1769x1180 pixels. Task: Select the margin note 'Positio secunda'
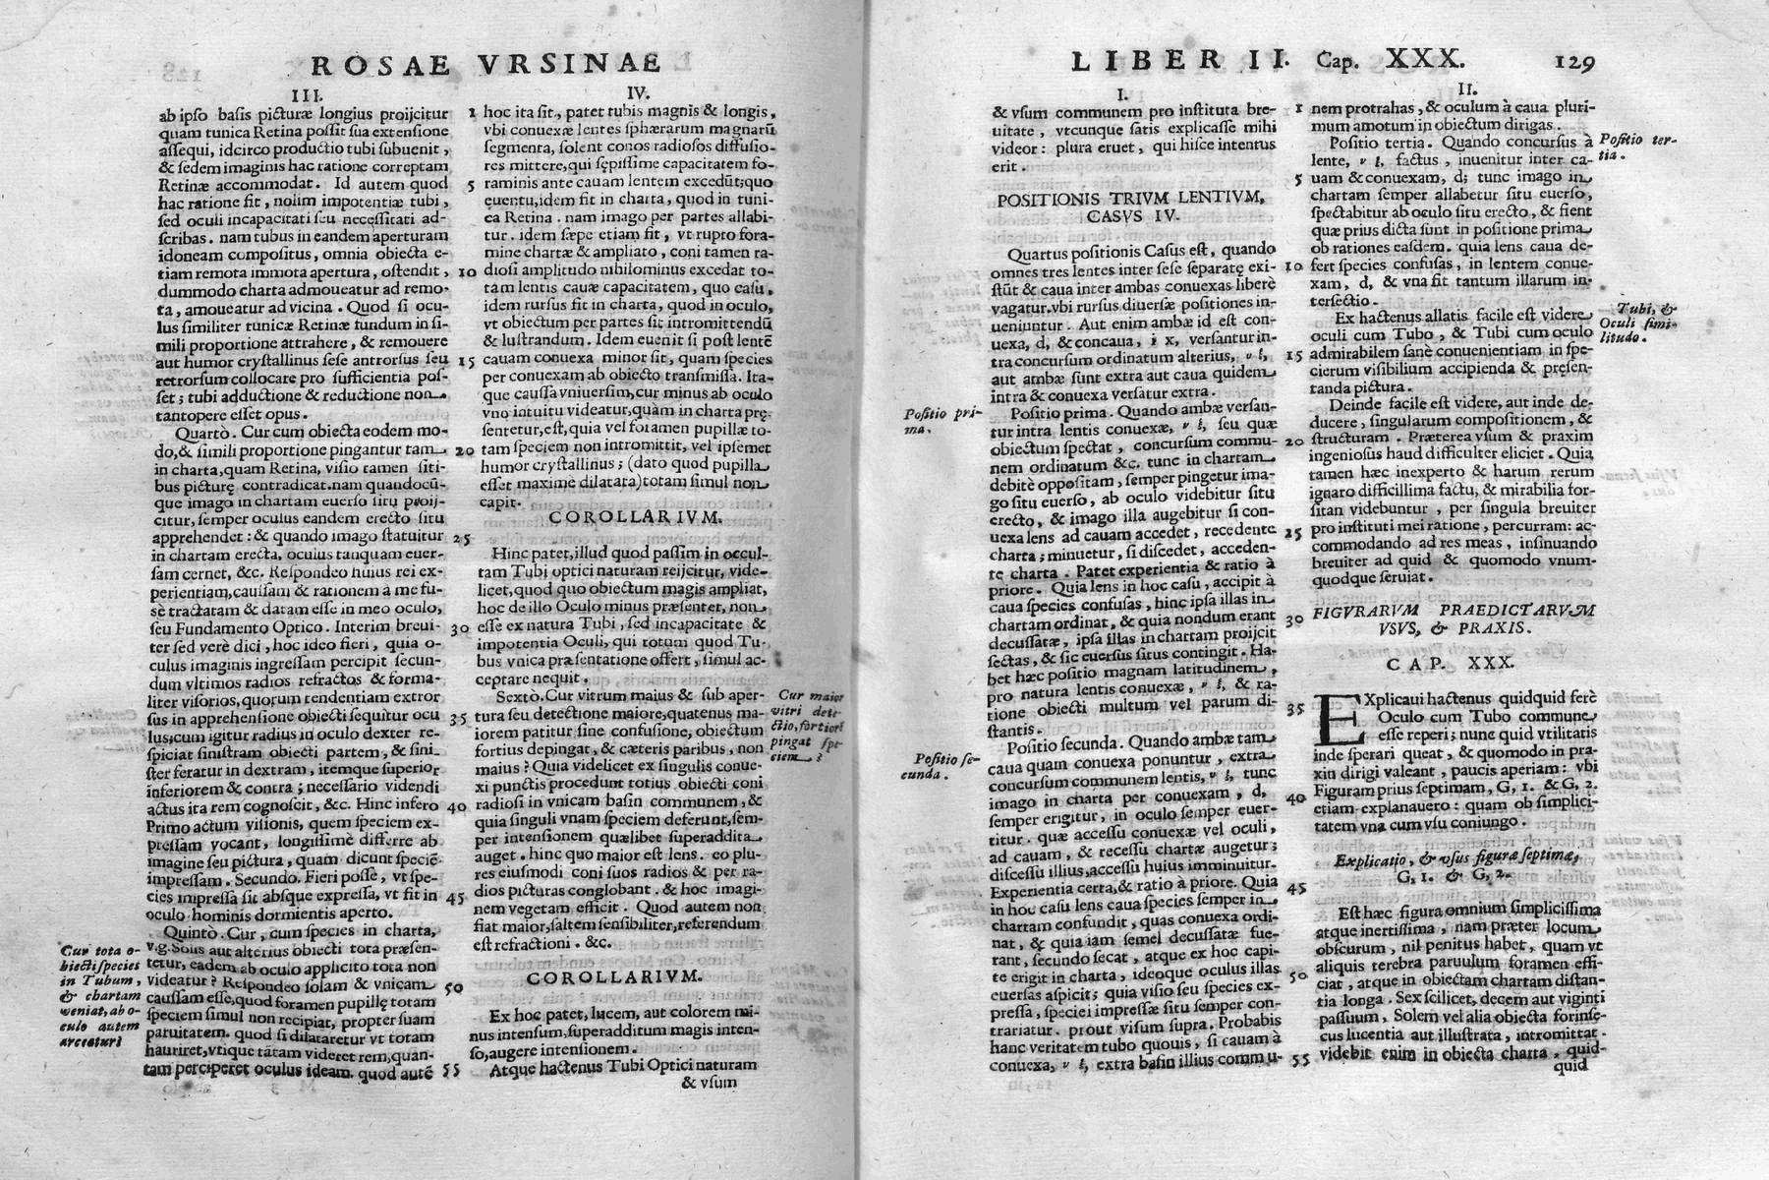coord(930,765)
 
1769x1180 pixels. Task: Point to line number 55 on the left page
coord(453,1064)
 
